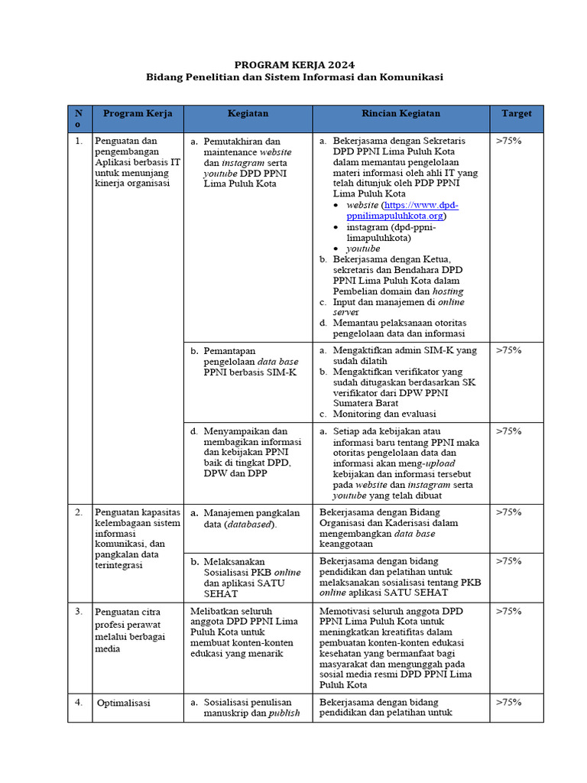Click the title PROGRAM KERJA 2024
point(294,65)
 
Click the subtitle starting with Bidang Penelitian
point(294,77)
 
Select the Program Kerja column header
point(138,113)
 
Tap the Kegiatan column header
point(248,113)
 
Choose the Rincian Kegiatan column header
point(401,113)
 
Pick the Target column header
point(517,113)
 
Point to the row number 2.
point(79,512)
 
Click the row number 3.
point(79,612)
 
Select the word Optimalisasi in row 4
point(124,702)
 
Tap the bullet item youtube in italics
point(362,249)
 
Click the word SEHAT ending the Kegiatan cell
point(221,593)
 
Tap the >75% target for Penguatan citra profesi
point(509,612)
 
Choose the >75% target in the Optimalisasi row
point(509,702)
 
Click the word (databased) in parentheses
point(249,525)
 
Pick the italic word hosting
point(448,291)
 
